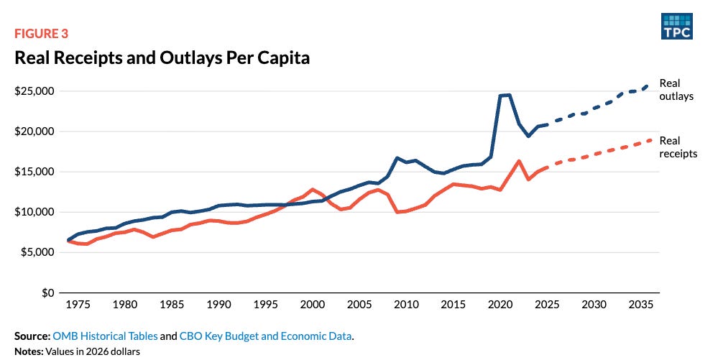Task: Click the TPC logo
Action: [677, 26]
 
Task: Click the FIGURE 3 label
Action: [41, 34]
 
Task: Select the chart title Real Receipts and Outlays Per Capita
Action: [162, 57]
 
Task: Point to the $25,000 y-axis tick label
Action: [34, 91]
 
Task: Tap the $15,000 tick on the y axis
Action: [34, 172]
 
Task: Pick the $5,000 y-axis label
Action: [37, 252]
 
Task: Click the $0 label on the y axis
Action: [47, 292]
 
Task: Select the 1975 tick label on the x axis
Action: [78, 305]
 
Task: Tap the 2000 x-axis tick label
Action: [313, 305]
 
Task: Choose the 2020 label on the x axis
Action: [500, 305]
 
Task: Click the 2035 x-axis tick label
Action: [640, 305]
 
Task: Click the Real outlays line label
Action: [676, 90]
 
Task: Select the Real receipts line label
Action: [678, 147]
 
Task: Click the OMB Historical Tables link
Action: [106, 336]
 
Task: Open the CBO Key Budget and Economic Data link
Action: [266, 336]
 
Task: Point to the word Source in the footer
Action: [31, 336]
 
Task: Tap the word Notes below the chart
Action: [29, 352]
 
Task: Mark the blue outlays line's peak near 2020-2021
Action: [505, 96]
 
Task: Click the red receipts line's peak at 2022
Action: [519, 161]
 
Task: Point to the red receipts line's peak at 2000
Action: [313, 189]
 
